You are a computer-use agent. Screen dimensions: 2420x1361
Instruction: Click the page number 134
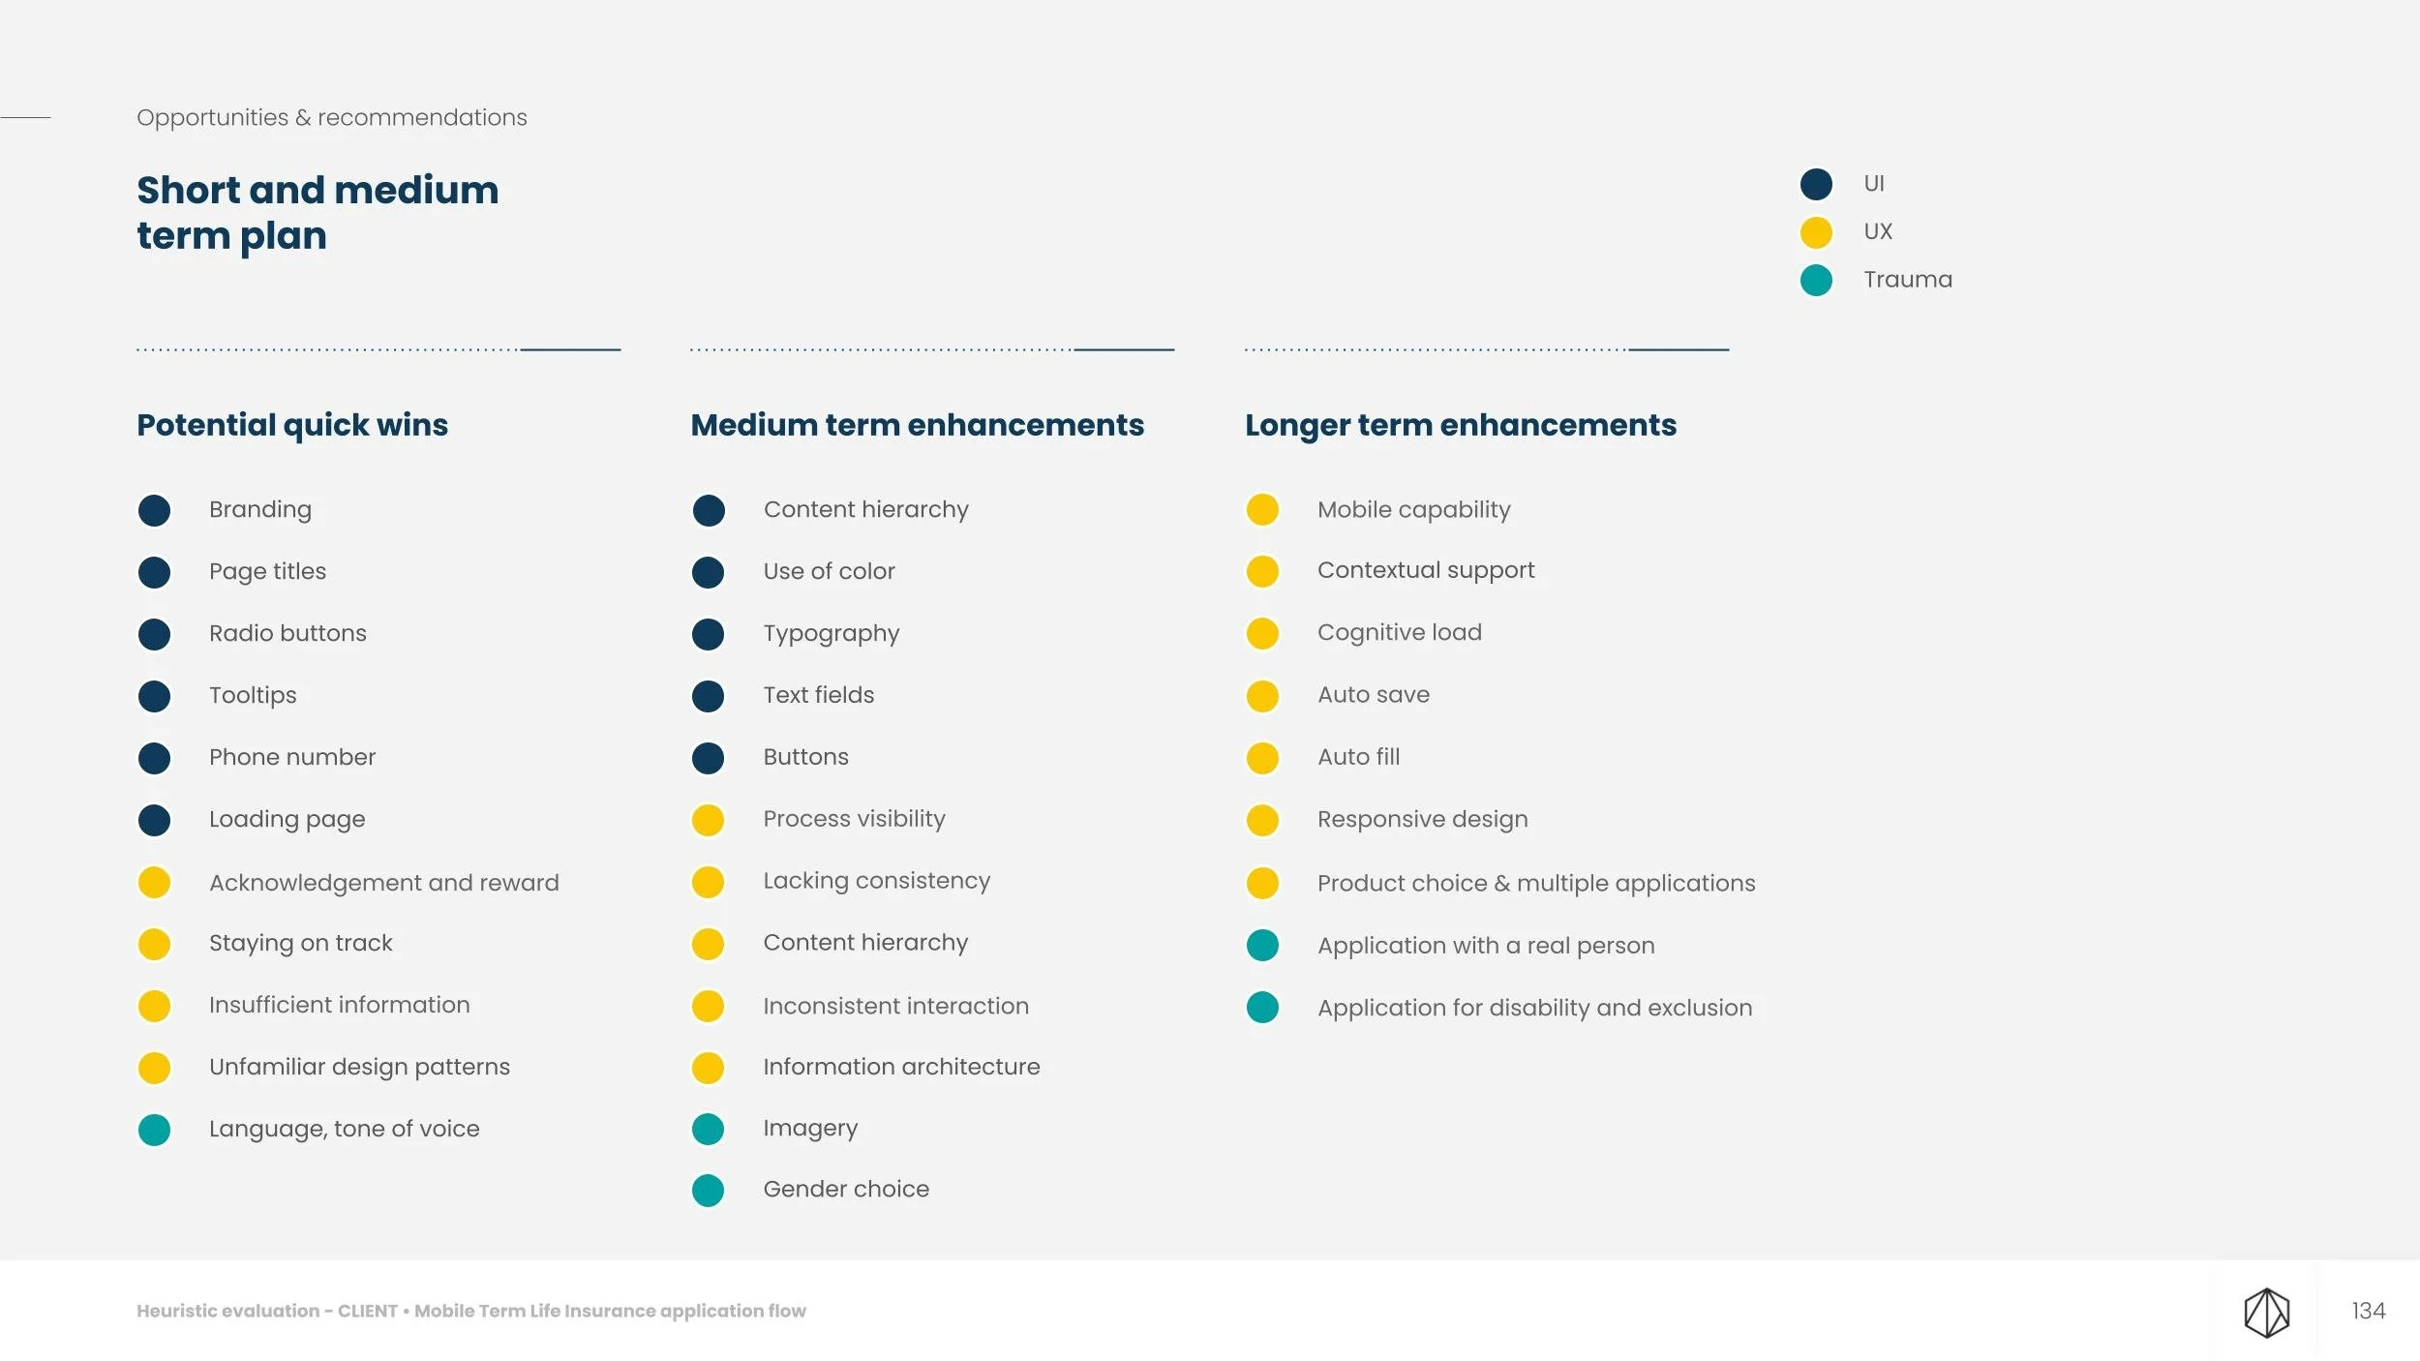point(2368,1311)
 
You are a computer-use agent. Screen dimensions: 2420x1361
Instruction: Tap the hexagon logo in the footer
point(2266,1313)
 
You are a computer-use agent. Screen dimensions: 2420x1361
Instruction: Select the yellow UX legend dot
point(1816,232)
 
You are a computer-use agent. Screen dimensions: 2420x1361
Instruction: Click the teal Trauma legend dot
point(1816,281)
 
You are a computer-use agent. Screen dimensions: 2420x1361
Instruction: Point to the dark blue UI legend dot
point(1816,184)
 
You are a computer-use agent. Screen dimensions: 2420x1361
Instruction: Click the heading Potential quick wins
point(292,425)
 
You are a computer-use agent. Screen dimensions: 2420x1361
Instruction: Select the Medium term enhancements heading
point(917,425)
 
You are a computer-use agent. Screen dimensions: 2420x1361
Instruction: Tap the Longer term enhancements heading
point(1461,425)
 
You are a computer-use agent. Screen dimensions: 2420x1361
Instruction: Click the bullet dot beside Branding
point(154,510)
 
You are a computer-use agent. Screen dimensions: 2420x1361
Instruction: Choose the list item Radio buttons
point(287,633)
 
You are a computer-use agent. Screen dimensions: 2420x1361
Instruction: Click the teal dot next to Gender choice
point(708,1191)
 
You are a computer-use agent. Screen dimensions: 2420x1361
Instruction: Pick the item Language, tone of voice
point(344,1129)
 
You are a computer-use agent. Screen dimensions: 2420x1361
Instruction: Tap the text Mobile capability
point(1413,510)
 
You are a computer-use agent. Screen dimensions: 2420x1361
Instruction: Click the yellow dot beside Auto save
point(1262,696)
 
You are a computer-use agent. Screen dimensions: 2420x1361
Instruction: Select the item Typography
point(831,634)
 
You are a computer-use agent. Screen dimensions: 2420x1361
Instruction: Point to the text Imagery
point(810,1129)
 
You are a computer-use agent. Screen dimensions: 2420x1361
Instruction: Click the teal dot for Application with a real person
point(1262,945)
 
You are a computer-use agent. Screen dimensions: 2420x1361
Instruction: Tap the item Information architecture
point(901,1067)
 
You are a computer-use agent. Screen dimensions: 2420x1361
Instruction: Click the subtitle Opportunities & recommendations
point(332,118)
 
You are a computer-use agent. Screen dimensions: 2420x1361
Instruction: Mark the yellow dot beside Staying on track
point(154,944)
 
